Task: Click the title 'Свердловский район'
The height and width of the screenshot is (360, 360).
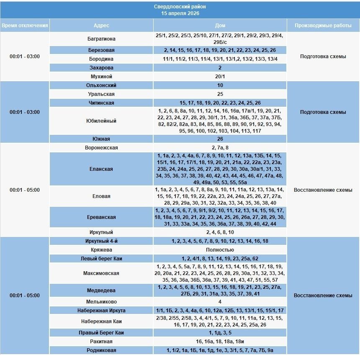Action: (180, 7)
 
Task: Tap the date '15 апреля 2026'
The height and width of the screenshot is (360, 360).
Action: (180, 13)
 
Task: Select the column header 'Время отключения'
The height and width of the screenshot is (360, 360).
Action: (25, 26)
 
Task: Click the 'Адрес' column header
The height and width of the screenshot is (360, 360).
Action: (101, 26)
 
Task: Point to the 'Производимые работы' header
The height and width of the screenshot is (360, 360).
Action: (323, 26)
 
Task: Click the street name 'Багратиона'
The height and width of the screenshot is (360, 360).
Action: (101, 39)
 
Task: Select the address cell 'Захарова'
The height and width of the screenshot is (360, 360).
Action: (101, 68)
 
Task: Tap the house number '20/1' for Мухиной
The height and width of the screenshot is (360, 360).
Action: (220, 77)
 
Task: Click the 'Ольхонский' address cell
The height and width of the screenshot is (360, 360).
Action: (101, 85)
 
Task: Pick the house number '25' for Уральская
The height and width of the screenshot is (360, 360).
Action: (220, 94)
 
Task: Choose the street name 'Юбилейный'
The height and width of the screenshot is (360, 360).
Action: (101, 121)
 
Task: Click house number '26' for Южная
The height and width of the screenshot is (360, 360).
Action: (220, 139)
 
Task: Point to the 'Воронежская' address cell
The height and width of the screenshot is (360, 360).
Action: (101, 148)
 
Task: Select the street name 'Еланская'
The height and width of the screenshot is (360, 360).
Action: (101, 169)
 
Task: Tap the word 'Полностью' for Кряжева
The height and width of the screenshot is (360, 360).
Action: (220, 250)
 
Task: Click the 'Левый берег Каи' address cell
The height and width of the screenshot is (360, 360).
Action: (101, 259)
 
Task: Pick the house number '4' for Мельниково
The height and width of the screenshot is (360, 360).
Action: (220, 301)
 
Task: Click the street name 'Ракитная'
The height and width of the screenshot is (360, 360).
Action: (101, 342)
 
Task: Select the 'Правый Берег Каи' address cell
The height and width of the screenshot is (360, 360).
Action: (101, 333)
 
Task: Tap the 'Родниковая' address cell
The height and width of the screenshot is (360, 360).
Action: (101, 350)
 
